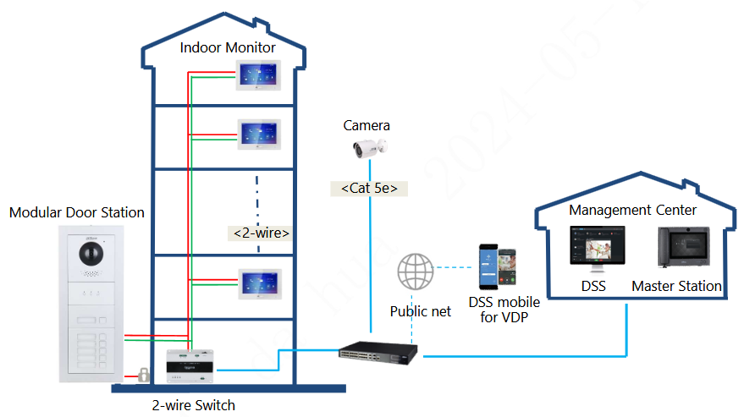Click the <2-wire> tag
point(262,232)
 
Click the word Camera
point(366,125)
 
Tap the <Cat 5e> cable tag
point(369,189)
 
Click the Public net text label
point(420,311)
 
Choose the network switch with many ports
point(378,349)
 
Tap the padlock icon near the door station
point(145,373)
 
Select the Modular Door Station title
point(76,212)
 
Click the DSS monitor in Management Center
point(594,250)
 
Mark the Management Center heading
point(632,210)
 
